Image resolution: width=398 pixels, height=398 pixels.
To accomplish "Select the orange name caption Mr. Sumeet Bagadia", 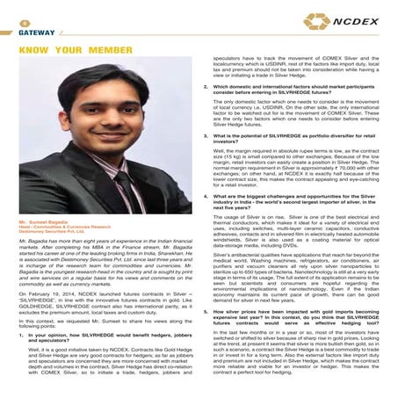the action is pyautogui.click(x=45, y=224).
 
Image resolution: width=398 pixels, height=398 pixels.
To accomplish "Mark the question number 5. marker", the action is pyautogui.click(x=205, y=311).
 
